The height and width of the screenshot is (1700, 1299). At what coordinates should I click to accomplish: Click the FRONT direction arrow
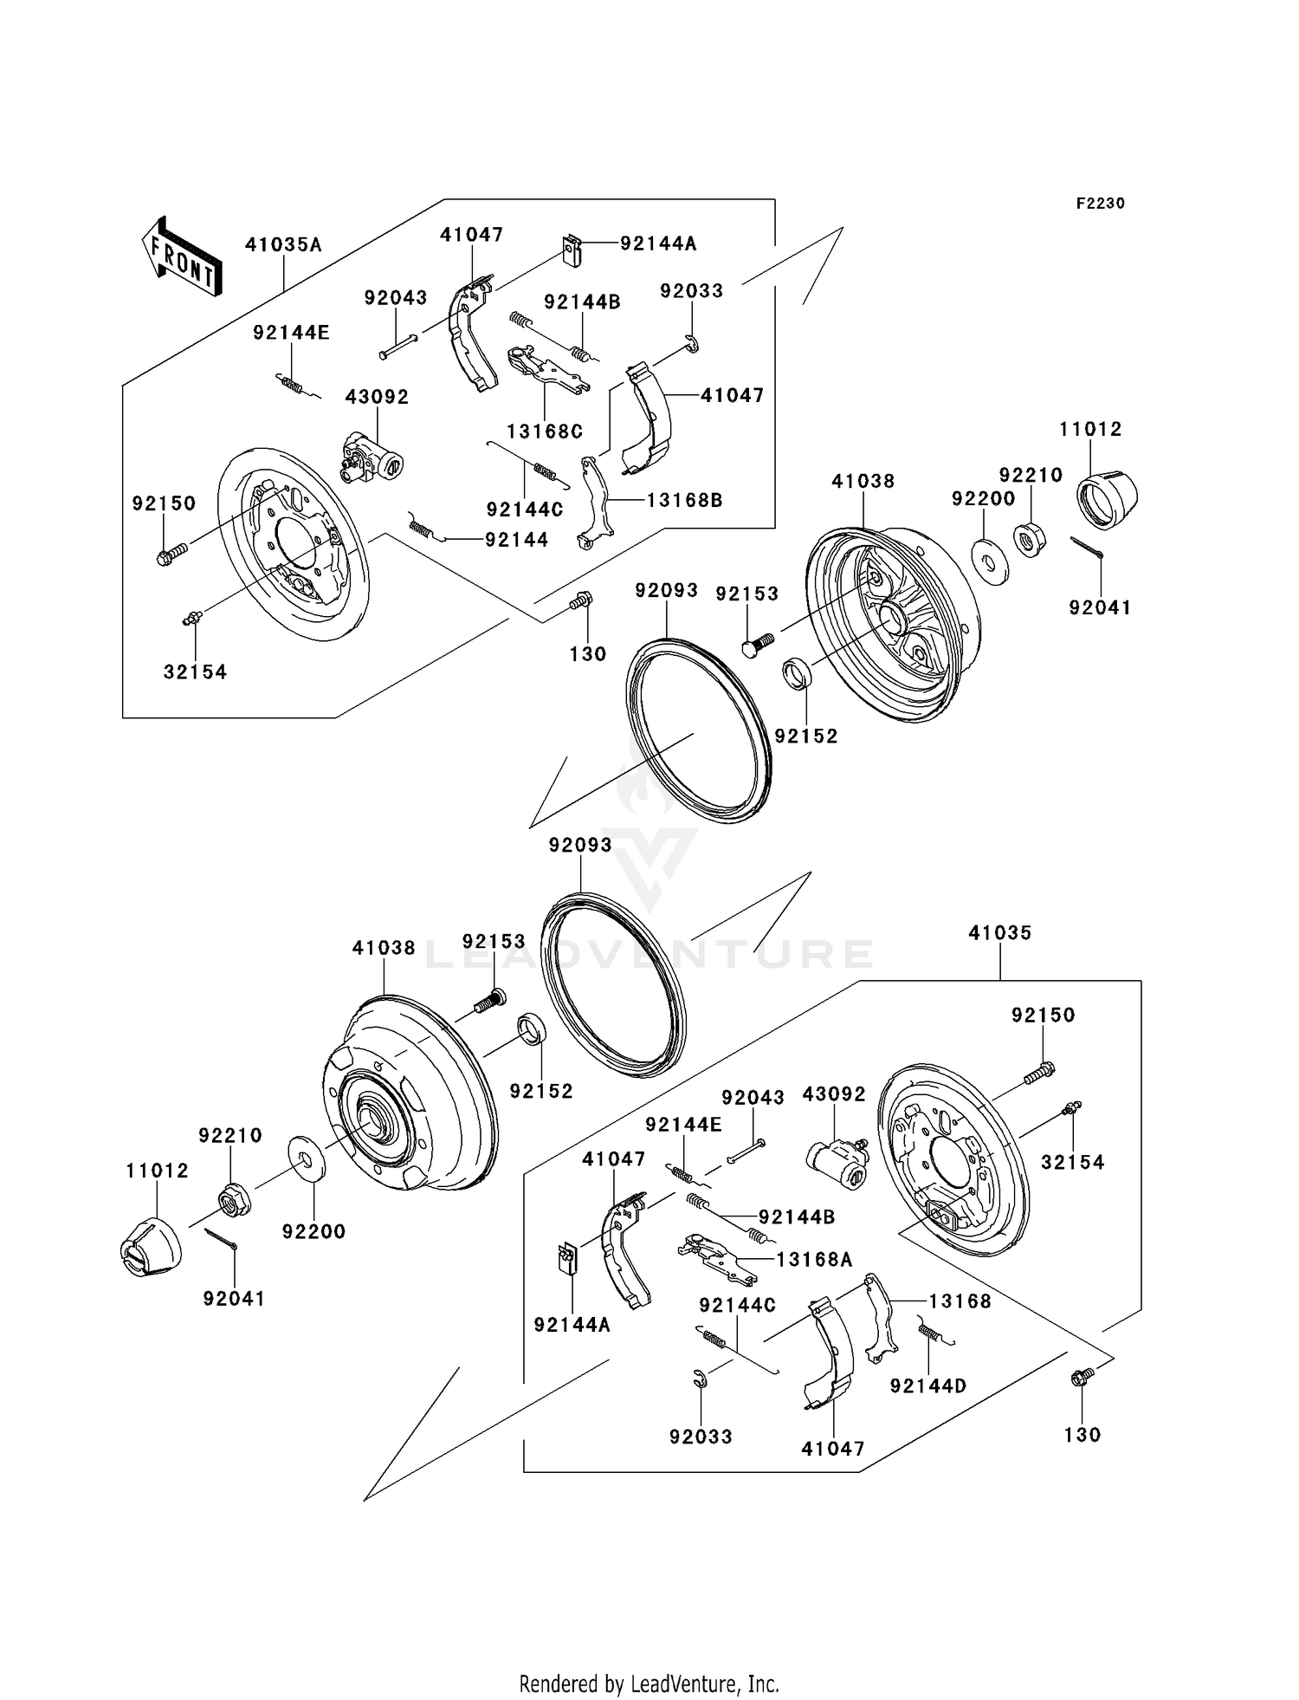tap(181, 257)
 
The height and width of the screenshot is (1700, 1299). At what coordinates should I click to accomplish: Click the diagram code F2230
tap(1100, 204)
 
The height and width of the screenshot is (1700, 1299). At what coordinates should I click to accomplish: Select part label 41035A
tap(283, 244)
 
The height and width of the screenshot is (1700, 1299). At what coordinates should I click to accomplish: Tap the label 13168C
tap(545, 431)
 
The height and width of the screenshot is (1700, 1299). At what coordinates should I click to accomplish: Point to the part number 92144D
tap(928, 1385)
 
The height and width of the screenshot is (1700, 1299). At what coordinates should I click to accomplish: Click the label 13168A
tap(814, 1260)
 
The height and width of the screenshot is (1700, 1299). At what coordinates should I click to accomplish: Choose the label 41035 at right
tap(1000, 933)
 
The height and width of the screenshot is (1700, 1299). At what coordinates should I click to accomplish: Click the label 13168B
tap(684, 500)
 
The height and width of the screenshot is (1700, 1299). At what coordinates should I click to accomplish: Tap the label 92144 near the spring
tap(517, 540)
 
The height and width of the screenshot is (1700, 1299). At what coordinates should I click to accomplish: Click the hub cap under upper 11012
tap(1107, 500)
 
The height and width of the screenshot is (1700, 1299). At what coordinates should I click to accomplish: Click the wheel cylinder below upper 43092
tap(370, 457)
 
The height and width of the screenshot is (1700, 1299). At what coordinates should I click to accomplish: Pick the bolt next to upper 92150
tap(172, 554)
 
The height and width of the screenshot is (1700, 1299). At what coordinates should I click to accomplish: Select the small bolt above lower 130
tap(1081, 1376)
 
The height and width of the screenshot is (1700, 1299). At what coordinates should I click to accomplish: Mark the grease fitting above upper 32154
tap(192, 618)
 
